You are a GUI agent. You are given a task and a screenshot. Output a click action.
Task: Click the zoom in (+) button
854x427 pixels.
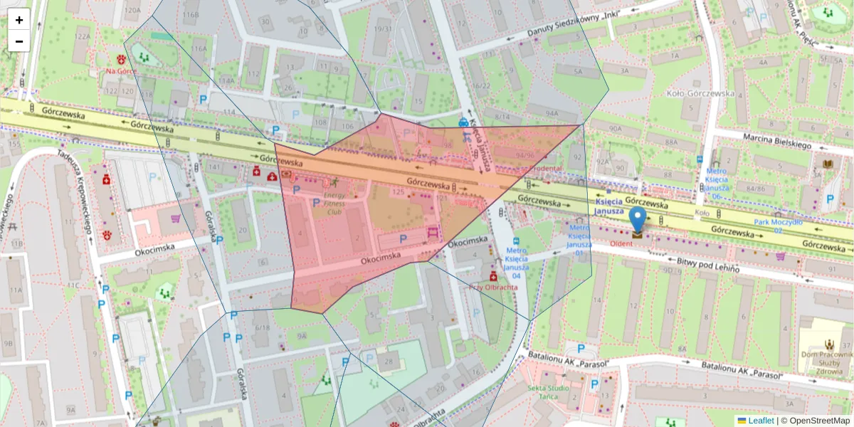coord(19,20)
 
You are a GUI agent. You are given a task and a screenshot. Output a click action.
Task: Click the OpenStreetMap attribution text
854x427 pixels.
coord(819,421)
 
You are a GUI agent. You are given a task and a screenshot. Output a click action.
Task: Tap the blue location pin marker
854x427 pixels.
coord(638,221)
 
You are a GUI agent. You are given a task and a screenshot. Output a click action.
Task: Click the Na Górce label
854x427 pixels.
coord(121,71)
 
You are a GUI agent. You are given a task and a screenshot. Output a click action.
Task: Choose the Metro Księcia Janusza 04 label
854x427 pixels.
coord(517,263)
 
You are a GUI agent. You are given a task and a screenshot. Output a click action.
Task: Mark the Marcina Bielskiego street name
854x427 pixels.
coord(777,140)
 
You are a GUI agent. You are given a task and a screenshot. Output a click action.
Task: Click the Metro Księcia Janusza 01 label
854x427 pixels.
coord(579,240)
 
